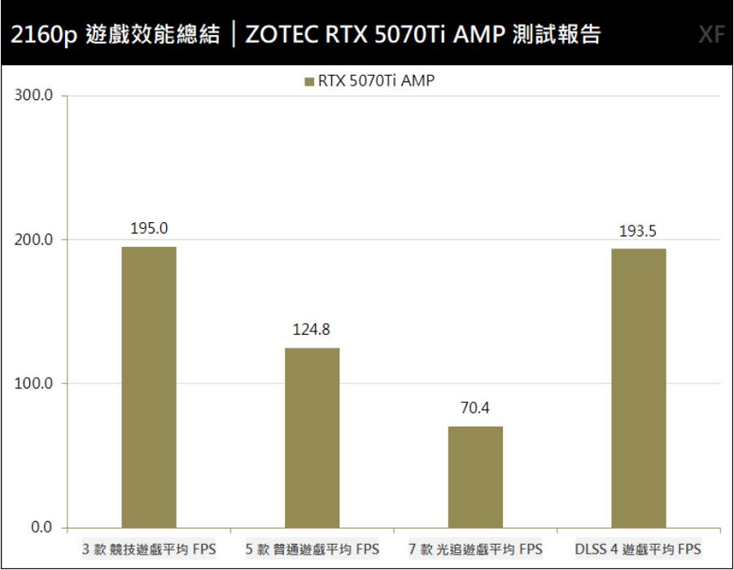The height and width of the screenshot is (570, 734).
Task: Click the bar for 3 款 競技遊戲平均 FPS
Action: tap(149, 387)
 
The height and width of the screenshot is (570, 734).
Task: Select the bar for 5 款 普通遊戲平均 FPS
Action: tap(312, 437)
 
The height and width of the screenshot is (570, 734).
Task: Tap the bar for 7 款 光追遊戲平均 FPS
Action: tap(475, 476)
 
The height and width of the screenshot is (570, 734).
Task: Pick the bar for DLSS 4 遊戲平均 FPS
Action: tap(639, 388)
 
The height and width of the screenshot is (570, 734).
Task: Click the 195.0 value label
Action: tap(149, 230)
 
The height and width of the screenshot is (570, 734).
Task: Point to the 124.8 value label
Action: tap(312, 331)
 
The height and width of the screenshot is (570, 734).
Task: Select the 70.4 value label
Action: tap(475, 409)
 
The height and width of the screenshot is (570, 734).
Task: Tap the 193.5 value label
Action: tap(639, 231)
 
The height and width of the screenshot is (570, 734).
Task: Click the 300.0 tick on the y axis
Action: tap(34, 96)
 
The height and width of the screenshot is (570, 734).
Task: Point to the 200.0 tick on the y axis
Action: tap(34, 240)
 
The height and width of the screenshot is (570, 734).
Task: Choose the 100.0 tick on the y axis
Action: tap(34, 384)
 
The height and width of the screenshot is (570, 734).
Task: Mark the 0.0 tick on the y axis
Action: tap(41, 528)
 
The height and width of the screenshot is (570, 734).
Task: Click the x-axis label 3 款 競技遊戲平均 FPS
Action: tap(149, 549)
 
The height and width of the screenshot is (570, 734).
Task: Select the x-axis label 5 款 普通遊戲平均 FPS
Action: tap(312, 549)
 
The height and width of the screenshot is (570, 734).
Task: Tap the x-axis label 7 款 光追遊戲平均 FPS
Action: tap(475, 549)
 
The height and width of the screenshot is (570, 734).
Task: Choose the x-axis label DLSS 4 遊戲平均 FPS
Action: tap(638, 549)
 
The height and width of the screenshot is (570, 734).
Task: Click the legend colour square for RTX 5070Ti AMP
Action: tap(308, 81)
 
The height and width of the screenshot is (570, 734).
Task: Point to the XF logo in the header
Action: tap(710, 36)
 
